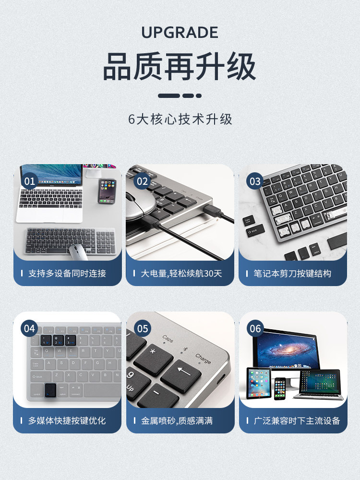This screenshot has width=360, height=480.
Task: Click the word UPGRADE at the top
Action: click(x=180, y=33)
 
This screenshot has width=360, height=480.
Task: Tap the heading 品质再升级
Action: click(x=180, y=67)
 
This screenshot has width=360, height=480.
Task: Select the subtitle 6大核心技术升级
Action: click(x=180, y=119)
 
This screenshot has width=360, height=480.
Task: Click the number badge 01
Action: click(x=30, y=181)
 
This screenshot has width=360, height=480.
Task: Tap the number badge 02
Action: click(x=143, y=181)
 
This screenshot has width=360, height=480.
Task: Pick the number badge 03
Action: click(x=255, y=181)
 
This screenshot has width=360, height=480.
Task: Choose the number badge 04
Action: click(x=30, y=328)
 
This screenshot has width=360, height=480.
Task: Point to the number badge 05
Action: click(x=143, y=328)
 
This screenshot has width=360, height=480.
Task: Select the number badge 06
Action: click(x=255, y=328)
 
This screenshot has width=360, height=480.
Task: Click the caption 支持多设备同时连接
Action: click(x=67, y=274)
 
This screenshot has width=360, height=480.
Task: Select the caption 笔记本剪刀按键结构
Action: click(x=292, y=274)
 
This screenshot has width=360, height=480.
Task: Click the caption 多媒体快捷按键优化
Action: click(x=67, y=420)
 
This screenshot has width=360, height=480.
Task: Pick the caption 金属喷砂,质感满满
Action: click(x=177, y=420)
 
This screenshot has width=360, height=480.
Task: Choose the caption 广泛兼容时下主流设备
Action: click(x=297, y=420)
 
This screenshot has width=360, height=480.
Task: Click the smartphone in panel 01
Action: click(x=107, y=191)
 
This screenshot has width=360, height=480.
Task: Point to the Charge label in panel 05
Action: click(x=203, y=358)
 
